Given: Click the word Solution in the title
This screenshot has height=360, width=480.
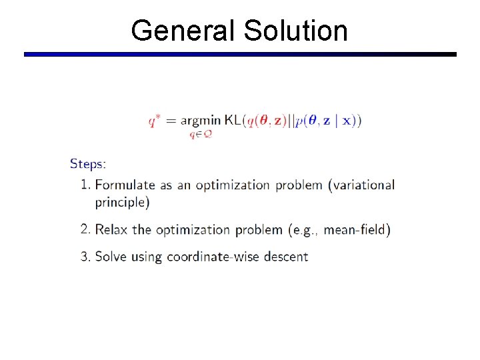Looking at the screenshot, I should coord(295,31).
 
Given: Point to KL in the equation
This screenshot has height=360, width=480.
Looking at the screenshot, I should coord(234,121).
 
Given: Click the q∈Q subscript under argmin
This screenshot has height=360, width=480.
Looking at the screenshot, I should coord(201,134).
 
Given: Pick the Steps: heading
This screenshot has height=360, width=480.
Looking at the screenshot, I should coord(88,163).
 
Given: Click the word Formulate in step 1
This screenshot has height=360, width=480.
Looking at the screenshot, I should coord(125,185).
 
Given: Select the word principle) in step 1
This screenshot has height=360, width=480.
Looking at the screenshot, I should coord(123,202).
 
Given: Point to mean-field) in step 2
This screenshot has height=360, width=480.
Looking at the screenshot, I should coord(358,230).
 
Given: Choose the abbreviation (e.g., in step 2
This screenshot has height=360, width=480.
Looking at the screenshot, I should coord(303,231).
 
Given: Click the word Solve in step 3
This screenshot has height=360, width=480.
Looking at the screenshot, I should coord(111,256).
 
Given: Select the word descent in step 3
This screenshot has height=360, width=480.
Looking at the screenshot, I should coord(288,256).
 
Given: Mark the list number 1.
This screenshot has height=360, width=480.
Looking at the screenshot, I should coord(86,185).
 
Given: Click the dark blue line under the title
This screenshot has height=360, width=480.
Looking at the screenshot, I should coord(240,54).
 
